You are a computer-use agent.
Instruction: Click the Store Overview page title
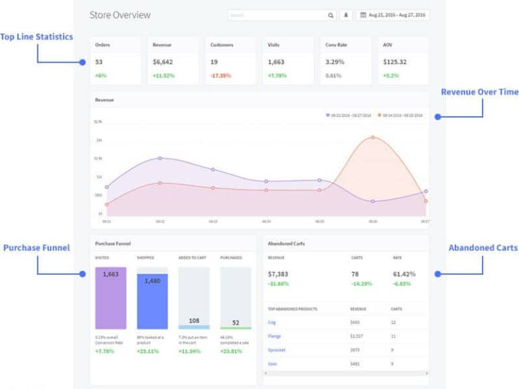point(120,15)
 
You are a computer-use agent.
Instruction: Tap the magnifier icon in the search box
point(330,15)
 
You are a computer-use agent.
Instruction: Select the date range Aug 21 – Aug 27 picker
point(393,15)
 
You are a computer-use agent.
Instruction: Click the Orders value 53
point(99,61)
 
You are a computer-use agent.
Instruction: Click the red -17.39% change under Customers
point(221,76)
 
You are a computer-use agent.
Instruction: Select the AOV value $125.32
point(395,61)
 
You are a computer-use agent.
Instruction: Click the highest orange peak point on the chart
point(372,137)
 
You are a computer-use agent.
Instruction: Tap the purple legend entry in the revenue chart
point(349,115)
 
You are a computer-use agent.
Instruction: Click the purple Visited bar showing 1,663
point(111,298)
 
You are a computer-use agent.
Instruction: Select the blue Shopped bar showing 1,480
point(152,301)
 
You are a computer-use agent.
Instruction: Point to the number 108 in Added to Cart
point(194,321)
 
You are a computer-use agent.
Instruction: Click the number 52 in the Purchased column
point(235,323)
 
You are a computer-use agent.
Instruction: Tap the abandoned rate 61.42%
point(404,274)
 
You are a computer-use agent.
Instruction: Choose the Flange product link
point(274,336)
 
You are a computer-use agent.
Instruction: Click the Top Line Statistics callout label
point(36,36)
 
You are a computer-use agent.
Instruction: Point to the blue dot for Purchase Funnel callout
point(82,274)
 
